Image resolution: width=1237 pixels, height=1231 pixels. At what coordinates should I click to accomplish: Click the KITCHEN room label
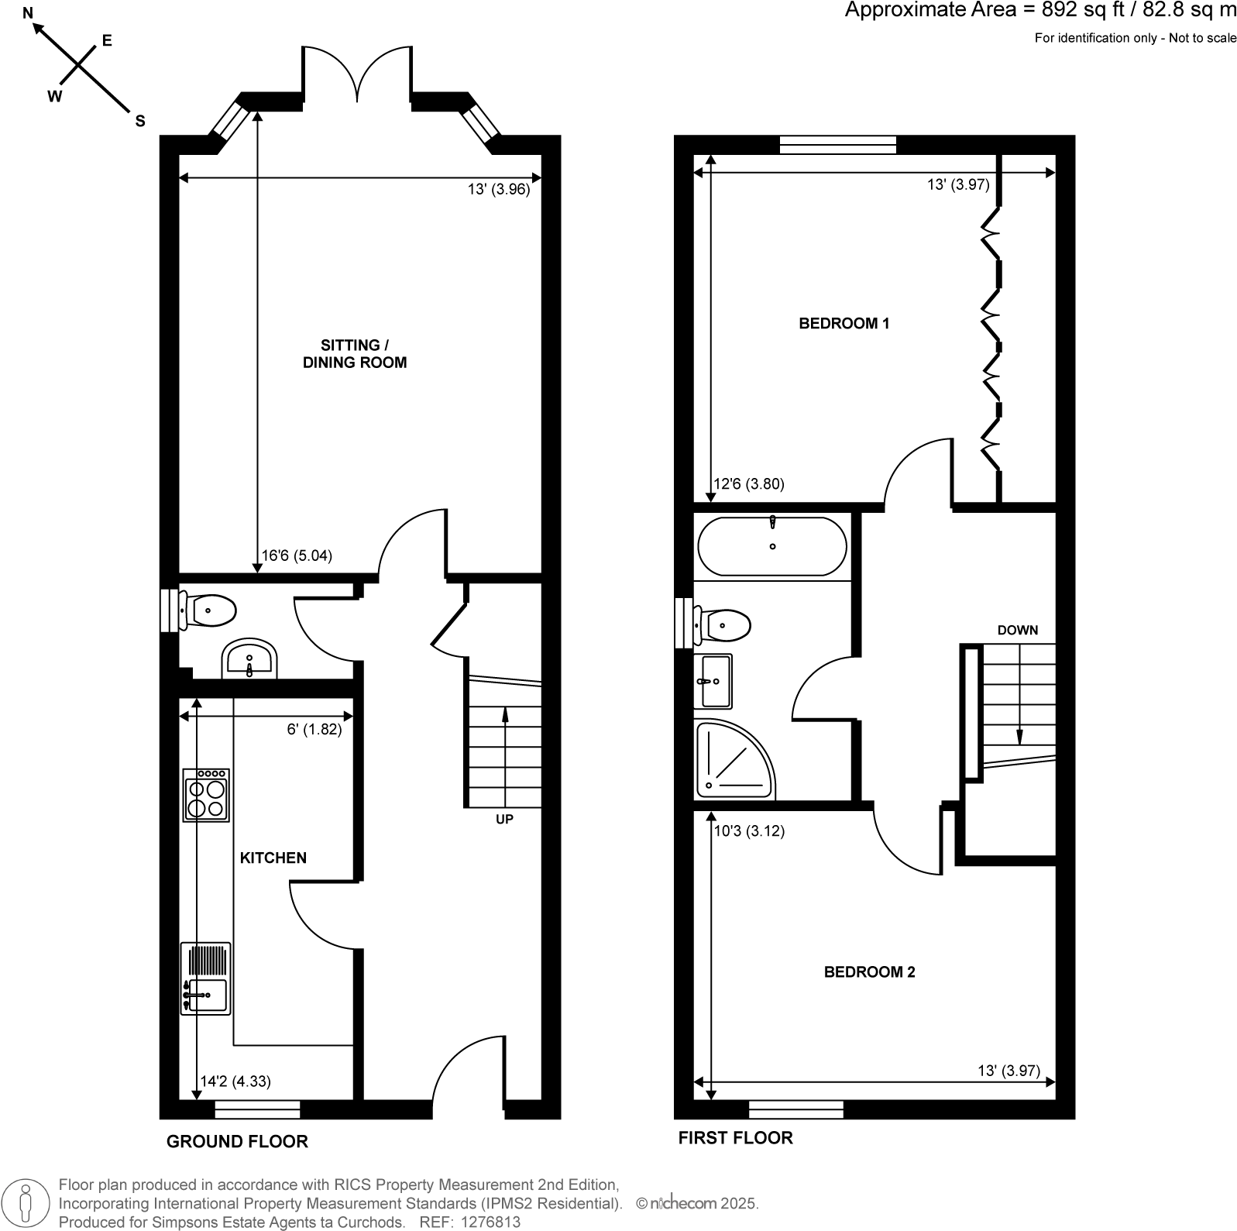[273, 858]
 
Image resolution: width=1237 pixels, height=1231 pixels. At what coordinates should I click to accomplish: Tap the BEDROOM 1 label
[844, 323]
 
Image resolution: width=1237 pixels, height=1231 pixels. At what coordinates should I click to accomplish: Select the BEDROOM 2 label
[869, 971]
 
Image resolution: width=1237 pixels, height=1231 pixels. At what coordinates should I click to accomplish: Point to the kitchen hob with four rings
[206, 794]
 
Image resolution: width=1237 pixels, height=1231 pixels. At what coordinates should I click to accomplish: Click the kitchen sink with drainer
[205, 978]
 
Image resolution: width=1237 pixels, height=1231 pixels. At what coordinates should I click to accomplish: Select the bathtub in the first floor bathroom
[772, 546]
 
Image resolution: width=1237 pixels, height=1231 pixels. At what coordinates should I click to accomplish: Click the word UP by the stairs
[504, 819]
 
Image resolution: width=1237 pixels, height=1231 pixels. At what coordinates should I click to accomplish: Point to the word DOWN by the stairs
[1017, 630]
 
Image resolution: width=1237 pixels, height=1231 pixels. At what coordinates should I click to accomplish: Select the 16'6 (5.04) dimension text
[297, 555]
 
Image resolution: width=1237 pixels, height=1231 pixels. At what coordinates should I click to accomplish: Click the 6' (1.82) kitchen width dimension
[314, 729]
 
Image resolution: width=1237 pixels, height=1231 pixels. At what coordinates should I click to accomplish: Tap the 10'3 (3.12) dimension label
[749, 831]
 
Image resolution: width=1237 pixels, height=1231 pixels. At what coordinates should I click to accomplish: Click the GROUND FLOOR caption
[237, 1141]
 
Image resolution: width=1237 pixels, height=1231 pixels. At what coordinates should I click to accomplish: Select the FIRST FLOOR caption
[735, 1137]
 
